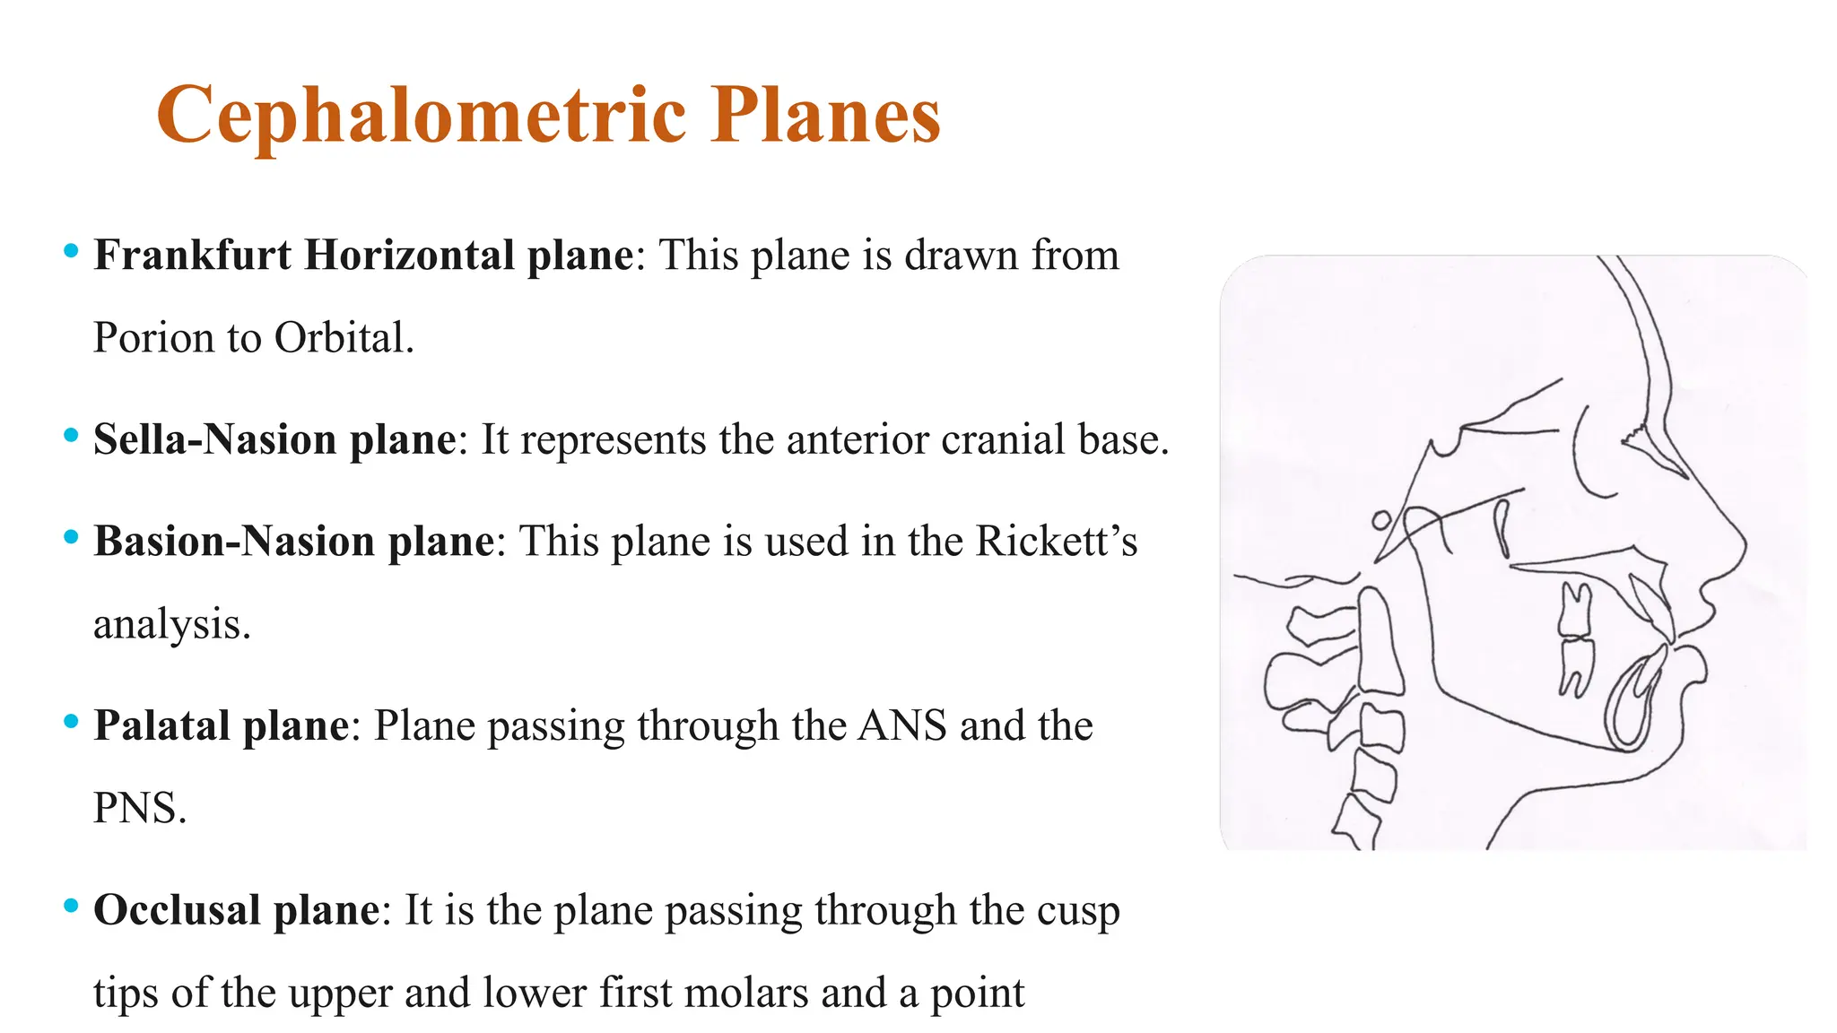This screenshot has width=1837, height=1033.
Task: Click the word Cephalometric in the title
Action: (421, 116)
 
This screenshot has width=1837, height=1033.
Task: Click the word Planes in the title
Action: (825, 116)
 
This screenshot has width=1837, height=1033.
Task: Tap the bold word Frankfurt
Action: (193, 256)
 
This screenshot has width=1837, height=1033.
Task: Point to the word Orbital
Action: (343, 339)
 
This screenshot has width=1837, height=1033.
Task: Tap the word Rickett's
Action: (1056, 542)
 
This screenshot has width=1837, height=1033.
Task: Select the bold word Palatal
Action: (161, 726)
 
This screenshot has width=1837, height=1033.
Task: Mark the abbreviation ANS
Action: (901, 726)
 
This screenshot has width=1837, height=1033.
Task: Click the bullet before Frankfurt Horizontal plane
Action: (71, 252)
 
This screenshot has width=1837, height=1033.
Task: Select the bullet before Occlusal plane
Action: (71, 907)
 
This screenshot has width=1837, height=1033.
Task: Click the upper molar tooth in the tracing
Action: (1574, 610)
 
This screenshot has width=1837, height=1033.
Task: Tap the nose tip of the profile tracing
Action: (1745, 543)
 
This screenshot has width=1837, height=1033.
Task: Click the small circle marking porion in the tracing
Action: (1382, 520)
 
